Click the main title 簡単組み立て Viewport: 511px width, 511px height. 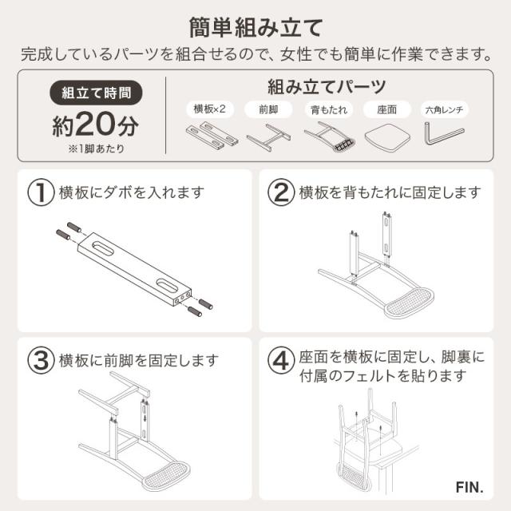(x=255, y=26)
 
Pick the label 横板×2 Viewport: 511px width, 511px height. (x=210, y=109)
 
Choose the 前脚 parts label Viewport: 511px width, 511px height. (x=267, y=109)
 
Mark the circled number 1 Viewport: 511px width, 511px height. (x=40, y=192)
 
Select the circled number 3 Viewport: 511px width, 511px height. (x=40, y=360)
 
